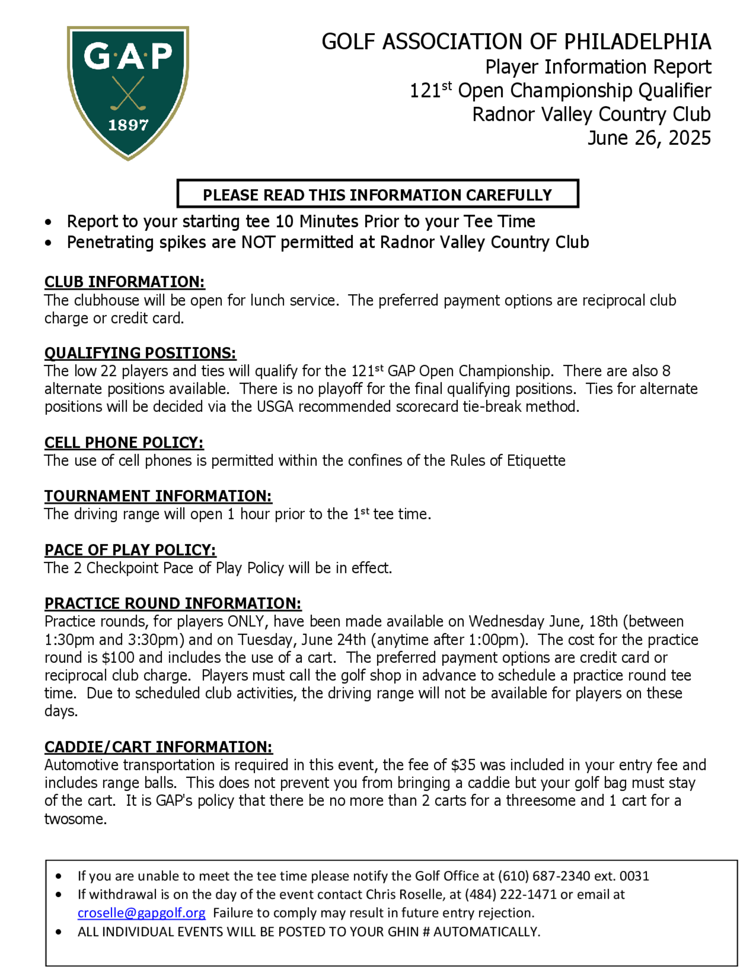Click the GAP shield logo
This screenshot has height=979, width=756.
[x=128, y=92]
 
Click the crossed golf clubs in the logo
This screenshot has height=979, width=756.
[x=128, y=93]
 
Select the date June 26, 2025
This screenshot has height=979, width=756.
[x=649, y=138]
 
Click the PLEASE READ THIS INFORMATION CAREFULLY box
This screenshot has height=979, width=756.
[x=378, y=194]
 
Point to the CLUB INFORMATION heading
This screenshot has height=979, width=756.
[x=124, y=282]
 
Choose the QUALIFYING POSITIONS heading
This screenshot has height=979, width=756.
[x=140, y=353]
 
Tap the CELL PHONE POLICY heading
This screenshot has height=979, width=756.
[x=124, y=443]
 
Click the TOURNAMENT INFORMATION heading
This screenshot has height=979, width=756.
[x=158, y=496]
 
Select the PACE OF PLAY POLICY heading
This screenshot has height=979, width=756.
[x=130, y=550]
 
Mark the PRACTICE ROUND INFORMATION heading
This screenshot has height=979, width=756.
[x=173, y=603]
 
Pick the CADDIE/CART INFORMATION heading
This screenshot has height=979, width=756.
[x=158, y=747]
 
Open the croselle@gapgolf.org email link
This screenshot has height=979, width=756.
[x=141, y=913]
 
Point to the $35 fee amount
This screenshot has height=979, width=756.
[x=463, y=765]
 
